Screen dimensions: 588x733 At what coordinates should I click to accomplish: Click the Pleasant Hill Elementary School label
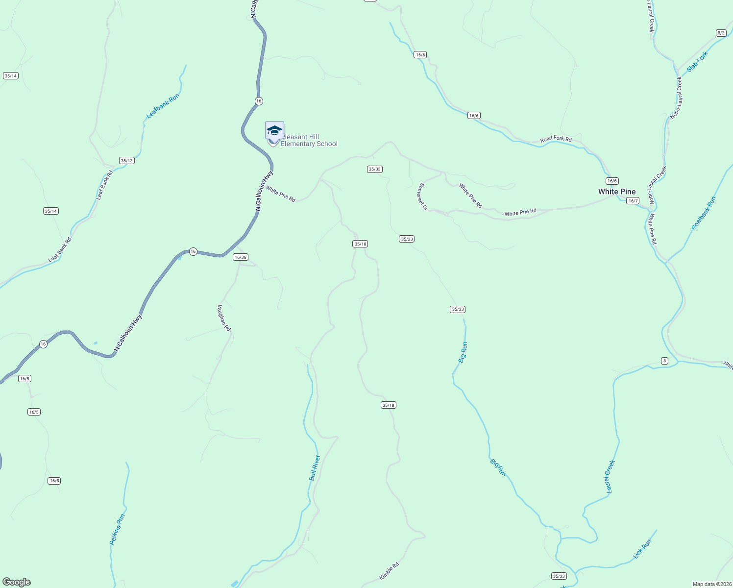point(309,141)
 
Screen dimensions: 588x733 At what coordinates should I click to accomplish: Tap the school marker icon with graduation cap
point(274,131)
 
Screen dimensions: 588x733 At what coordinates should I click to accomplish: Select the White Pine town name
point(617,192)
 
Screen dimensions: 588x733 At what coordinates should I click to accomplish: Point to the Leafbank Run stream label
point(163,106)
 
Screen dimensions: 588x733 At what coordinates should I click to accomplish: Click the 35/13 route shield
point(126,161)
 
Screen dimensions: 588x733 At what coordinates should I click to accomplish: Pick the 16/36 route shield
point(241,257)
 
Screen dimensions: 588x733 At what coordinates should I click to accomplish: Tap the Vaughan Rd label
point(223,318)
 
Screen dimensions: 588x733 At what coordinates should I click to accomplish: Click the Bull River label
point(315,468)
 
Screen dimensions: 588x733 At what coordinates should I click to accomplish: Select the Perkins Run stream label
point(117,529)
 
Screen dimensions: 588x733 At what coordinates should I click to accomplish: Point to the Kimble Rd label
point(389,571)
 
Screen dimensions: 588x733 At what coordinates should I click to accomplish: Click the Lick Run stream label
point(642,549)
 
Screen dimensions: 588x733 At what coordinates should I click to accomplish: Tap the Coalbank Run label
point(704,213)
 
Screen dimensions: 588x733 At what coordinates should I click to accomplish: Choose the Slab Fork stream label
point(697,62)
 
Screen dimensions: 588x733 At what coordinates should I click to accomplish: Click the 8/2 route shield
point(721,33)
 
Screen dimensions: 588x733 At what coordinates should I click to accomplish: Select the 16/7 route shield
point(633,201)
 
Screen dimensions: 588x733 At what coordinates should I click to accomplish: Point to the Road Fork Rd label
point(556,139)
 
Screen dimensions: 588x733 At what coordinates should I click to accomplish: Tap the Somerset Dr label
point(423,197)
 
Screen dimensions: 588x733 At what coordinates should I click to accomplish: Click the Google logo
point(16,582)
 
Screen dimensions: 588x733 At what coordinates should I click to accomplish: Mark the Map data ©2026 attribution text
point(711,584)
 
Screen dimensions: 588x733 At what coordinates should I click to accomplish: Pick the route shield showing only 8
point(664,361)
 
